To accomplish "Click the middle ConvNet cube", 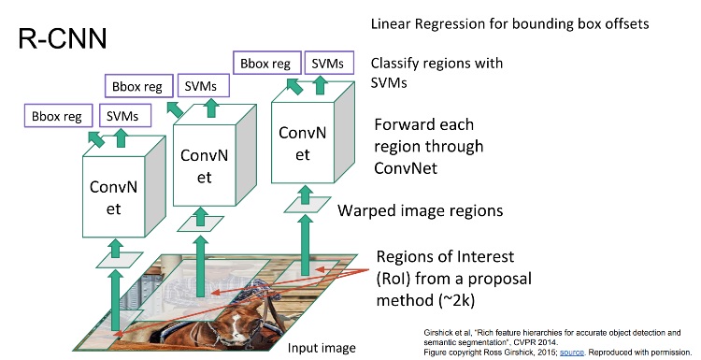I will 207,165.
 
